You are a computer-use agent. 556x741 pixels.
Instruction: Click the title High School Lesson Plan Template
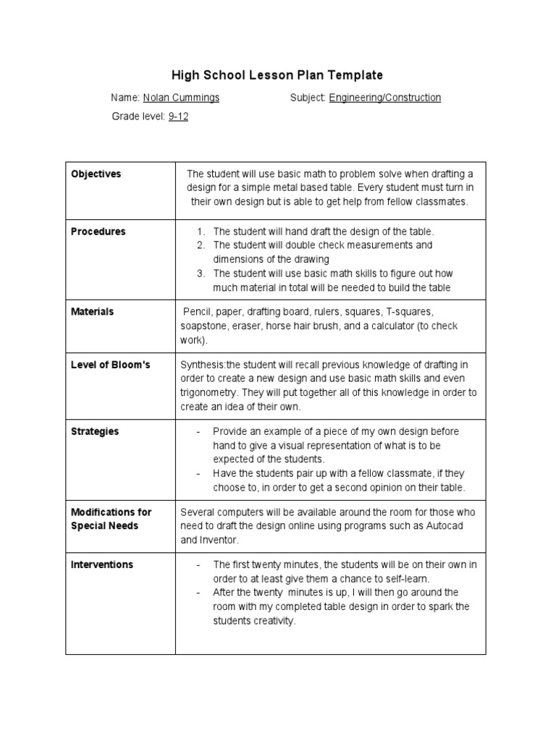277,75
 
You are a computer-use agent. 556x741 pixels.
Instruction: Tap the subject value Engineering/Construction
384,98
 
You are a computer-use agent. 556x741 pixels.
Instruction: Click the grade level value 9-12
178,117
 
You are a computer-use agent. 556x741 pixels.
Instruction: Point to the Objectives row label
96,174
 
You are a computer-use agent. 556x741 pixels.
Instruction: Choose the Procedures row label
98,232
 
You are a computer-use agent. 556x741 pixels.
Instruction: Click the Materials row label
93,312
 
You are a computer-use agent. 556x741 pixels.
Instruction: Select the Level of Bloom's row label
110,365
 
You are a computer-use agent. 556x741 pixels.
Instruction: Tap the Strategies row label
95,431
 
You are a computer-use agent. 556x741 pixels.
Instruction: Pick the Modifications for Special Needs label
111,519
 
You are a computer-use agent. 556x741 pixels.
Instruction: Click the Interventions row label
102,564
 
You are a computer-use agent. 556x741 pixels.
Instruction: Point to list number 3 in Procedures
201,274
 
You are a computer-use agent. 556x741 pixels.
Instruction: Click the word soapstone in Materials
205,326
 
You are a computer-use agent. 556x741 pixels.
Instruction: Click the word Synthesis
203,365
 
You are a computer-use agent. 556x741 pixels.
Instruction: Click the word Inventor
219,540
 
